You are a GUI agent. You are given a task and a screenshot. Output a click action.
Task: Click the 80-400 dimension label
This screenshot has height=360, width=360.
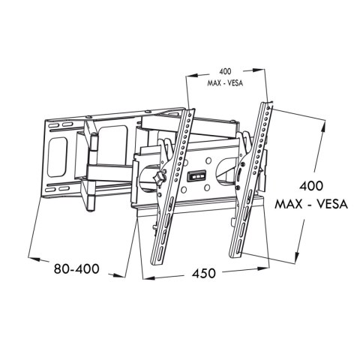click(76, 269)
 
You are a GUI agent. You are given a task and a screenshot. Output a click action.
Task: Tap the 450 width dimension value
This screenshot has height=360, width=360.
click(203, 273)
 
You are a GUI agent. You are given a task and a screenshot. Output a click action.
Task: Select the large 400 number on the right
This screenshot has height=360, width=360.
click(311, 186)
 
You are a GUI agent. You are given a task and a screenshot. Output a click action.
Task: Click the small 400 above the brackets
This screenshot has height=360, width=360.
click(225, 71)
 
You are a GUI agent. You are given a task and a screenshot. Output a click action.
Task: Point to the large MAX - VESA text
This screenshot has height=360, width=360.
click(311, 204)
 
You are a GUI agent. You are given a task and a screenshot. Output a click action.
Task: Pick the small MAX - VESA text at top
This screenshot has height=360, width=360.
click(225, 83)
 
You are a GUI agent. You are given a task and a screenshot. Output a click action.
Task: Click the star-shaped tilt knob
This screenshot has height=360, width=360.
click(159, 178)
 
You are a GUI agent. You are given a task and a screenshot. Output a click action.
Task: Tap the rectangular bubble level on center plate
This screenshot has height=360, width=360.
click(196, 175)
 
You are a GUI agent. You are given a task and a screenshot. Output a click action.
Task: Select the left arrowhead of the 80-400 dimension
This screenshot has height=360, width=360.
click(34, 259)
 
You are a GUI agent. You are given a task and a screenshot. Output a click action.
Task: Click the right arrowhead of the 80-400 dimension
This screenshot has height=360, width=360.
click(118, 275)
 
